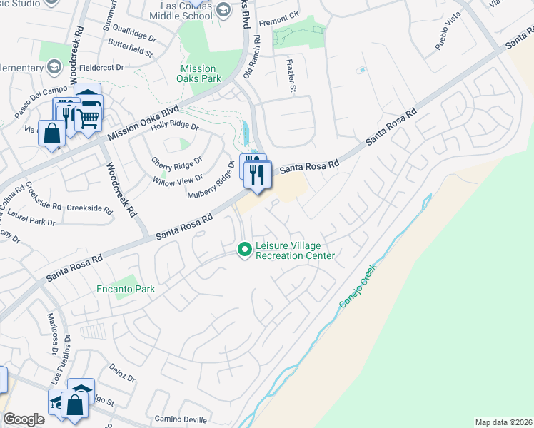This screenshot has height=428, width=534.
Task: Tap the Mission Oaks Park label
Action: pyautogui.click(x=197, y=74)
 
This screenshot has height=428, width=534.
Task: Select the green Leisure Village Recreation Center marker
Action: pyautogui.click(x=244, y=249)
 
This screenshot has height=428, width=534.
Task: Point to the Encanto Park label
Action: pyautogui.click(x=126, y=290)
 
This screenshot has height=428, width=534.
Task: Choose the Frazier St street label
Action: pyautogui.click(x=291, y=78)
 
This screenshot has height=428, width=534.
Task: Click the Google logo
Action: pyautogui.click(x=24, y=419)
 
